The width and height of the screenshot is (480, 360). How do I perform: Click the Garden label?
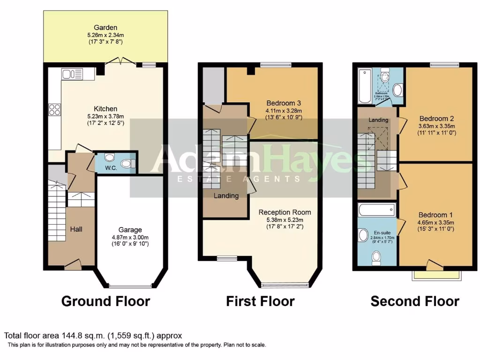pyautogui.click(x=105, y=27)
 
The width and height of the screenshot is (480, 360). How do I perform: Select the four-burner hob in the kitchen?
pyautogui.click(x=54, y=110)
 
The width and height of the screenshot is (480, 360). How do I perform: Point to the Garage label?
pyautogui.click(x=130, y=230)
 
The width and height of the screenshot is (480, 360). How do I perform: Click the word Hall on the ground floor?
pyautogui.click(x=76, y=229)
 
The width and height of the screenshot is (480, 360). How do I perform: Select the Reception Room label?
pyautogui.click(x=285, y=212)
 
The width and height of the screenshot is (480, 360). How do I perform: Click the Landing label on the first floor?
pyautogui.click(x=226, y=195)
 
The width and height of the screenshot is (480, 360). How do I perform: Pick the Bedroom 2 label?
pyautogui.click(x=436, y=118)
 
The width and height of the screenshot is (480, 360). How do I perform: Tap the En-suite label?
pyautogui.click(x=381, y=232)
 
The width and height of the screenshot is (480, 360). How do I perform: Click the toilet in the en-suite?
pyautogui.click(x=376, y=256)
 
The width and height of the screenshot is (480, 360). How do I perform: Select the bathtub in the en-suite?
pyautogui.click(x=376, y=209)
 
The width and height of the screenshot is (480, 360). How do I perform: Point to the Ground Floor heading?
pyautogui.click(x=105, y=301)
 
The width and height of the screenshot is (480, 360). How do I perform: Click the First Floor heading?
pyautogui.click(x=260, y=301)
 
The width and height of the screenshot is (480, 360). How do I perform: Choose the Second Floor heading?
pyautogui.click(x=415, y=301)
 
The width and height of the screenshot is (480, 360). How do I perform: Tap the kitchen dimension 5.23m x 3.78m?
pyautogui.click(x=105, y=117)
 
